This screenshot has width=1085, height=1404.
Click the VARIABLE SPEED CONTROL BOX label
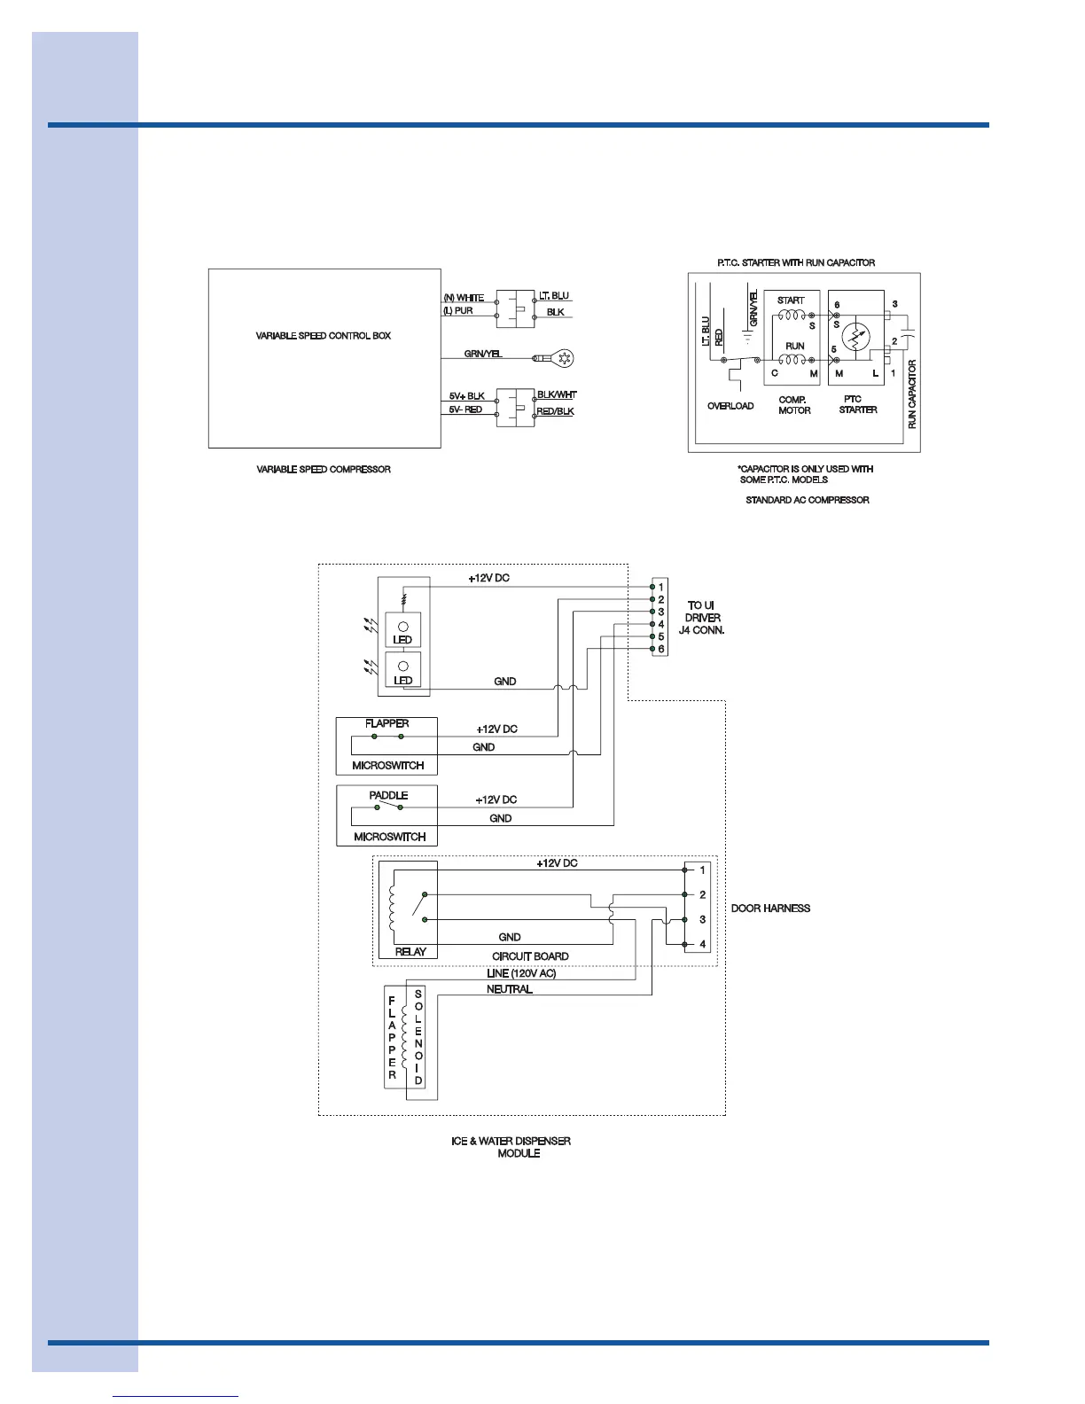click(x=324, y=336)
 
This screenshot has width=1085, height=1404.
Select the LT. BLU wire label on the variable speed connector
click(x=554, y=296)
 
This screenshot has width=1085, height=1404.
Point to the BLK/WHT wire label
click(x=557, y=394)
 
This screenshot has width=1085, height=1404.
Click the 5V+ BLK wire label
click(x=466, y=396)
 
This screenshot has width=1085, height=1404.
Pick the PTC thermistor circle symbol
click(x=856, y=338)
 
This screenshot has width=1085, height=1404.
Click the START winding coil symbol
click(x=791, y=315)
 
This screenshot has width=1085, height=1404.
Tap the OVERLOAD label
click(x=730, y=406)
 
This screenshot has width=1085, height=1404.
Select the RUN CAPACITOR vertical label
click(x=912, y=394)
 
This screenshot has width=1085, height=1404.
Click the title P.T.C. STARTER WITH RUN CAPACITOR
click(x=795, y=262)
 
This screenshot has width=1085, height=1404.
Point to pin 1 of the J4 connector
click(x=660, y=587)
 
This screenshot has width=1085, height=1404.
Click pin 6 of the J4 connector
click(x=660, y=649)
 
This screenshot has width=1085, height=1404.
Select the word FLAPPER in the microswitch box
click(x=386, y=723)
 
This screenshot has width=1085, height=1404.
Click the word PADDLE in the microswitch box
click(x=388, y=795)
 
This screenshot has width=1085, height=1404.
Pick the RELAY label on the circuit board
click(x=410, y=951)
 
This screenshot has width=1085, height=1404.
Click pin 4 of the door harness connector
click(x=702, y=944)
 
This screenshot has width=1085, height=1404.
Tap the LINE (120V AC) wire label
click(x=521, y=973)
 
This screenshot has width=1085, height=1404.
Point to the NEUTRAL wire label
click(x=510, y=989)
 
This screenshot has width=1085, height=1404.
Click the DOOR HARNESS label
click(x=770, y=909)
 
